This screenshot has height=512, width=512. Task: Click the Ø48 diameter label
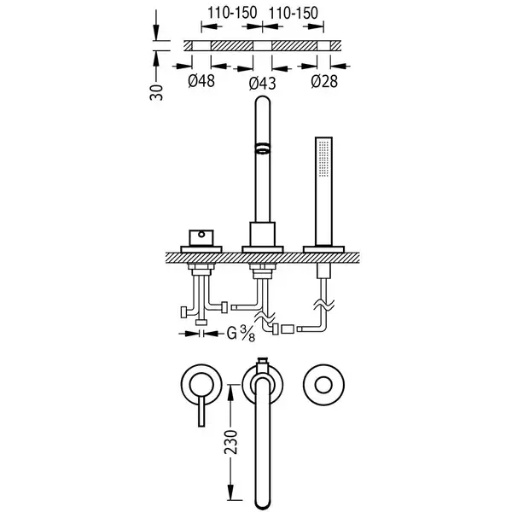pyautogui.click(x=201, y=81)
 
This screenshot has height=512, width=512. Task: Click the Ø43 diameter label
pyautogui.click(x=262, y=84)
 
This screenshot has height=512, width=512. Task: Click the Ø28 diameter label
pyautogui.click(x=324, y=81)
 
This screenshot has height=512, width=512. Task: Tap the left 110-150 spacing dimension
pyautogui.click(x=232, y=13)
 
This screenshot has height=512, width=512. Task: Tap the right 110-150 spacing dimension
pyautogui.click(x=294, y=13)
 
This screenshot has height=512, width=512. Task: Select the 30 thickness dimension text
pyautogui.click(x=156, y=93)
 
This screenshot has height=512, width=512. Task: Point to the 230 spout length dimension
pyautogui.click(x=231, y=442)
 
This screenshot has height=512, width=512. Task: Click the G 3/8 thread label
pyautogui.click(x=241, y=334)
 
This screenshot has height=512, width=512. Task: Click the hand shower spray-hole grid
pyautogui.click(x=323, y=159)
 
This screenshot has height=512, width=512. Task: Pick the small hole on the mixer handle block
pyautogui.click(x=201, y=234)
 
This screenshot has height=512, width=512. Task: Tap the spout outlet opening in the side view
pyautogui.click(x=262, y=148)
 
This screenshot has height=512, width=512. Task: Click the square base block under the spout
pyautogui.click(x=263, y=234)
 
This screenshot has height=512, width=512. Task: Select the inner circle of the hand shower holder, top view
pyautogui.click(x=323, y=385)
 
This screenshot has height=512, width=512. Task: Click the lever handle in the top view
pyautogui.click(x=201, y=410)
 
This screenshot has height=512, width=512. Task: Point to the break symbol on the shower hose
pyautogui.click(x=323, y=305)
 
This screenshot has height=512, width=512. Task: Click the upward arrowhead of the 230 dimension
pyautogui.click(x=231, y=391)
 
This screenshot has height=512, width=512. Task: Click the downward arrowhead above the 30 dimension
pyautogui.click(x=156, y=33)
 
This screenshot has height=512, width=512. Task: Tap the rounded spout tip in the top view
pyautogui.click(x=262, y=503)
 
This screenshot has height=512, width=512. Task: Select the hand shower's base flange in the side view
pyautogui.click(x=323, y=249)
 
